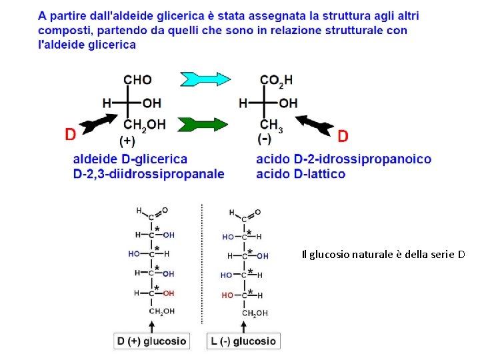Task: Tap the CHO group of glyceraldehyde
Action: (137, 79)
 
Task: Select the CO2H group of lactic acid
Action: (275, 80)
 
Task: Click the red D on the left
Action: (70, 135)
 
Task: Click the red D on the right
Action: (343, 136)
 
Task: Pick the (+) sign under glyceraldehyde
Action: (127, 141)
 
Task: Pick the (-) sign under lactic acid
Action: (265, 139)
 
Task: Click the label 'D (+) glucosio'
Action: (151, 341)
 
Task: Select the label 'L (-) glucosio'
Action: (243, 341)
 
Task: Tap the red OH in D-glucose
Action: (169, 293)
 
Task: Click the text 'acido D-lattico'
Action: (301, 174)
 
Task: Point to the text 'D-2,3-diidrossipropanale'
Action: (149, 174)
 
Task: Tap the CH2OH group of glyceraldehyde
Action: (145, 124)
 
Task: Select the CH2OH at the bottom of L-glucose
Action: (255, 313)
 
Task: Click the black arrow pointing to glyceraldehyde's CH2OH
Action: (97, 123)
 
